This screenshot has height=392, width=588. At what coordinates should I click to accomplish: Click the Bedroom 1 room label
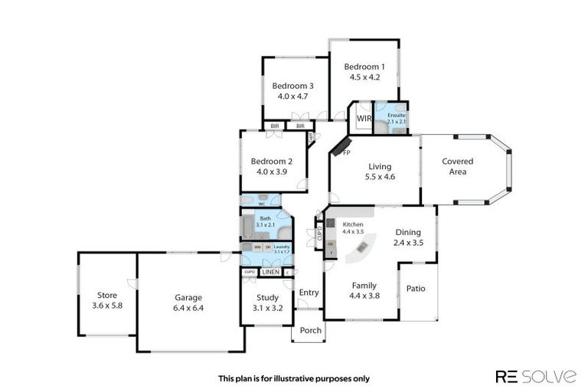click(x=364, y=67)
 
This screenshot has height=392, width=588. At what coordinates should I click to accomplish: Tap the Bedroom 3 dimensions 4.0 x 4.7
click(x=292, y=96)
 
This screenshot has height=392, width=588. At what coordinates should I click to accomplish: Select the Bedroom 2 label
click(x=272, y=162)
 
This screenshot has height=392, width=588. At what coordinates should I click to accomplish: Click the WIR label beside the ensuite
click(x=364, y=119)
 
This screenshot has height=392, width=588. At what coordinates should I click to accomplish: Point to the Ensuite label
click(x=396, y=115)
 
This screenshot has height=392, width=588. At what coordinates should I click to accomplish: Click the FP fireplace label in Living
click(x=346, y=153)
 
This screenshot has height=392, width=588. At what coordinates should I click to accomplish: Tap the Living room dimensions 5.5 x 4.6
click(x=379, y=177)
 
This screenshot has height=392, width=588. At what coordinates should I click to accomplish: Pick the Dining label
click(x=410, y=233)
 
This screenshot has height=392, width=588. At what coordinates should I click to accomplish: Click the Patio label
click(x=416, y=289)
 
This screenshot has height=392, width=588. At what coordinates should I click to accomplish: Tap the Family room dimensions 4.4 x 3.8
click(x=364, y=296)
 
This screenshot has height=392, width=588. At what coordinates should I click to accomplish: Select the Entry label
click(x=309, y=292)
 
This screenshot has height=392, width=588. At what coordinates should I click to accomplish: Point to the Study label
click(x=267, y=299)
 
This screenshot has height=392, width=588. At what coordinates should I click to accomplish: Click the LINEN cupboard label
click(x=270, y=272)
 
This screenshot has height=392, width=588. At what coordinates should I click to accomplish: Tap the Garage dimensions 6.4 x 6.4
click(x=188, y=308)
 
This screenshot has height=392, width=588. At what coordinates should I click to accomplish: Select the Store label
click(x=106, y=295)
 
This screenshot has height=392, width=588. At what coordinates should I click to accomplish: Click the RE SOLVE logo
click(x=536, y=376)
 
